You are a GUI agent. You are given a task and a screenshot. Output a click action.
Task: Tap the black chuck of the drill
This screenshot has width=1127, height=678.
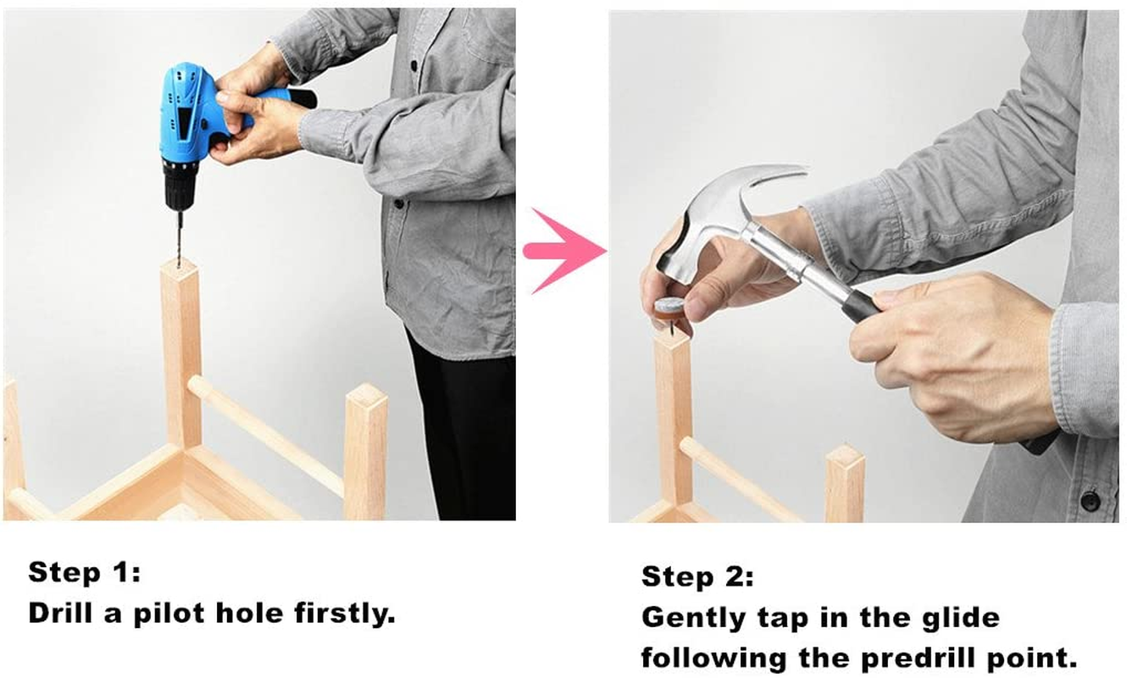pyautogui.click(x=179, y=189)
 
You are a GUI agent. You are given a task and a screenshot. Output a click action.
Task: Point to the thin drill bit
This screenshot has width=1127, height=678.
pyautogui.click(x=179, y=237)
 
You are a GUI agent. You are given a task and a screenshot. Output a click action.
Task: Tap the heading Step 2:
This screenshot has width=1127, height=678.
pyautogui.click(x=697, y=576)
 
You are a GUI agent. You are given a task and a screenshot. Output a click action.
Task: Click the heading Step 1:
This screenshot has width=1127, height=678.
pyautogui.click(x=84, y=573)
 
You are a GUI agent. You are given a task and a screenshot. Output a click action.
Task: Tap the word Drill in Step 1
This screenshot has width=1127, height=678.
pyautogui.click(x=60, y=613)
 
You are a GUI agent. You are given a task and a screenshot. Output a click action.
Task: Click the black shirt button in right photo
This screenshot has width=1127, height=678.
pyautogui.click(x=1090, y=500)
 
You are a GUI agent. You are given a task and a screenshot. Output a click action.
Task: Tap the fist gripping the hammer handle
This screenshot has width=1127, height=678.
pyautogui.click(x=951, y=353)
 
